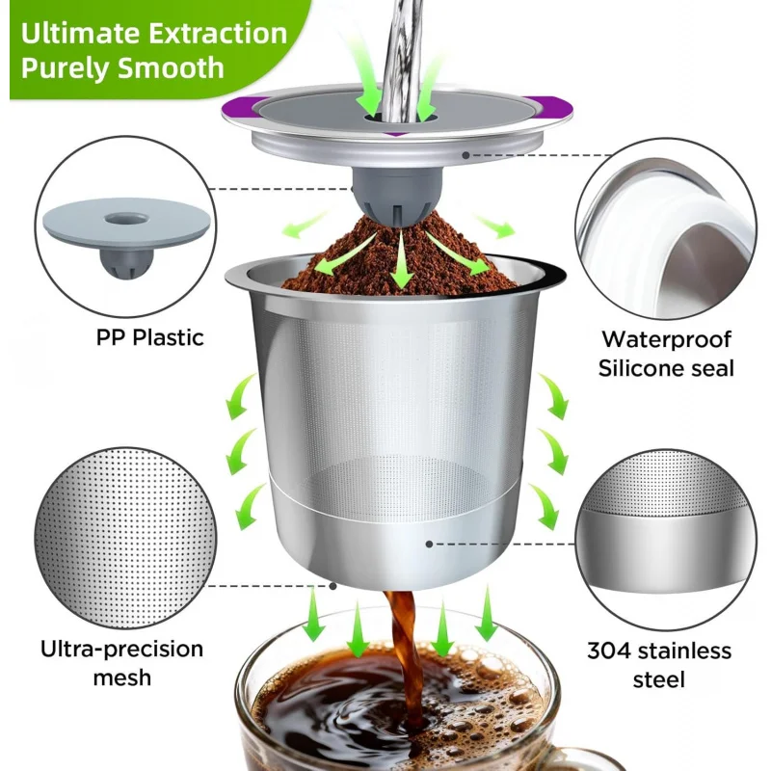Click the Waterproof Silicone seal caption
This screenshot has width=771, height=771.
click(x=666, y=353)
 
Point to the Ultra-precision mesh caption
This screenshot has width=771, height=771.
click(x=122, y=662)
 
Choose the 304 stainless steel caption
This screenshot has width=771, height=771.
click(x=659, y=665)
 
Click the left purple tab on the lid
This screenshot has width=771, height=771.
click(x=234, y=109)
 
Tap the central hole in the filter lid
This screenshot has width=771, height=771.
click(x=396, y=117)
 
